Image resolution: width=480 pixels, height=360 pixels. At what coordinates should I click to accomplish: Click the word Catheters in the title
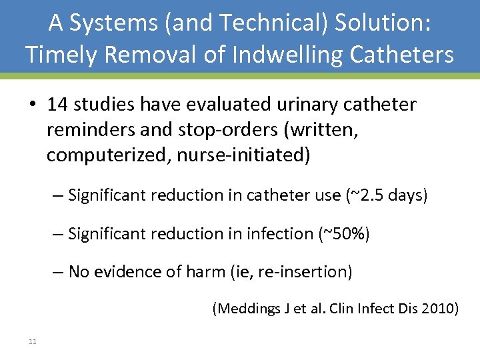[x=404, y=54]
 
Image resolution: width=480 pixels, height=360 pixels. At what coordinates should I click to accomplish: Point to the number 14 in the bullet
[x=59, y=105]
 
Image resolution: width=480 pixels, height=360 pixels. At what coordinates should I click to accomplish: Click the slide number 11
[x=32, y=342]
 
